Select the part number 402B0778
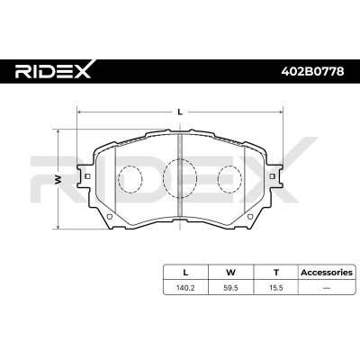[312, 71]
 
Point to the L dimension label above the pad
[180, 112]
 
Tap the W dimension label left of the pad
[58, 179]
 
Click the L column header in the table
[185, 273]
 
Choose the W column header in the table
[230, 273]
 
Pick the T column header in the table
[276, 273]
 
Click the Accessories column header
[327, 273]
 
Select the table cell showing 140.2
[185, 288]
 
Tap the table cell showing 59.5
[230, 288]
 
